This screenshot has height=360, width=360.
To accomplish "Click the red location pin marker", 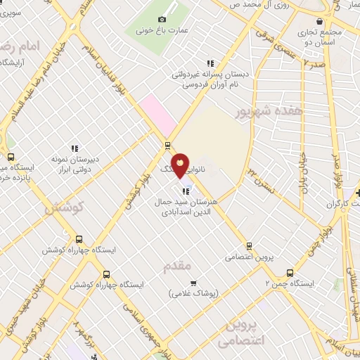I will [x=181, y=165].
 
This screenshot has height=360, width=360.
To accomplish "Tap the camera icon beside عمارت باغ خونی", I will [x=162, y=19].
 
